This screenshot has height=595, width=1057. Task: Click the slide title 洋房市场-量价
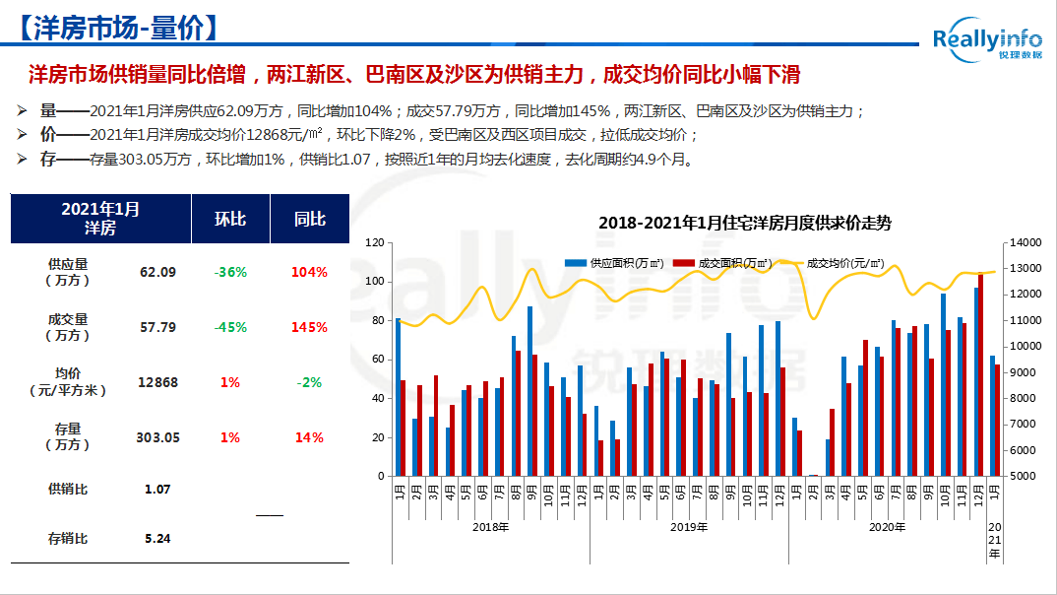point(116,29)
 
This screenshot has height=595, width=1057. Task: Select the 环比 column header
point(230,219)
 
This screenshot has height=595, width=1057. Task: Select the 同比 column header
point(310,219)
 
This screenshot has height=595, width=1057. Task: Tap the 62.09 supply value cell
point(158,272)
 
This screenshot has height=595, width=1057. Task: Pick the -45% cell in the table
point(230,327)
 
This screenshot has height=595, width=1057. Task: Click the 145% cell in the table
point(309,327)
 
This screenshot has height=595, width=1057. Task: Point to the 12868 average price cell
point(158,382)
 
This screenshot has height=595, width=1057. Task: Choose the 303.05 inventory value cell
point(158,437)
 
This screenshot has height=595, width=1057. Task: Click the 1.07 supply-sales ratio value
point(157,489)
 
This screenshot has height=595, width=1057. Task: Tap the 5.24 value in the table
point(157,539)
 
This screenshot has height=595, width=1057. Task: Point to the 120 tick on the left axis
point(373,242)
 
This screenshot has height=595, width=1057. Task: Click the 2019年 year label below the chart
point(688,528)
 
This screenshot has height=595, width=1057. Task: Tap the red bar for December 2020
point(980,374)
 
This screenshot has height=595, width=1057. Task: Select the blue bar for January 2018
point(398,397)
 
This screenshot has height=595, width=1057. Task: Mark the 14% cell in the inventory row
point(309,437)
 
